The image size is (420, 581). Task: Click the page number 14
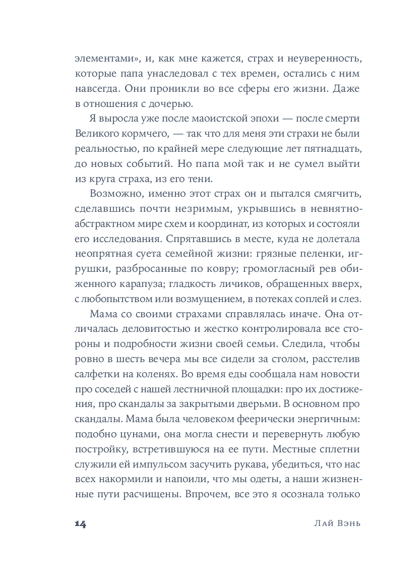coord(81,524)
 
